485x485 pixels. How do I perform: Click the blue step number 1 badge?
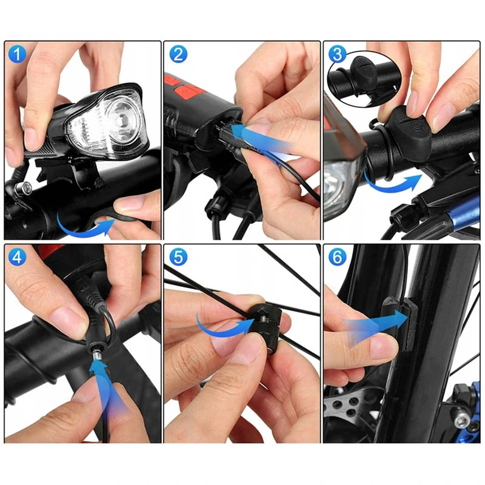click(17, 54)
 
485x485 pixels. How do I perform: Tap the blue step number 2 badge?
click(178, 54)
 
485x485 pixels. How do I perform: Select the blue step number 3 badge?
click(337, 54)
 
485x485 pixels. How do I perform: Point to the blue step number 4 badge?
click(17, 256)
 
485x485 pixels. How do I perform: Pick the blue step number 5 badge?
click(178, 256)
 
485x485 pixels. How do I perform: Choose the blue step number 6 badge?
click(337, 256)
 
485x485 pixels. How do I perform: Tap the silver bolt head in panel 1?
click(25, 187)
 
